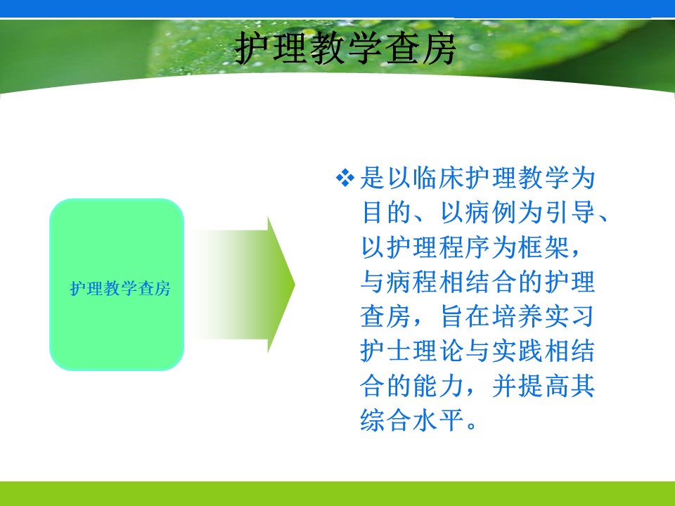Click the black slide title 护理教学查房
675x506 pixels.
345,48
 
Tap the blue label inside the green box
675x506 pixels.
120,288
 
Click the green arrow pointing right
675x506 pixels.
243,285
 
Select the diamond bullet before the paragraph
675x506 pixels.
345,177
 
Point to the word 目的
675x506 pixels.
386,212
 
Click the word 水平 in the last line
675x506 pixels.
438,420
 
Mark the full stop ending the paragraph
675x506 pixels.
471,426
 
